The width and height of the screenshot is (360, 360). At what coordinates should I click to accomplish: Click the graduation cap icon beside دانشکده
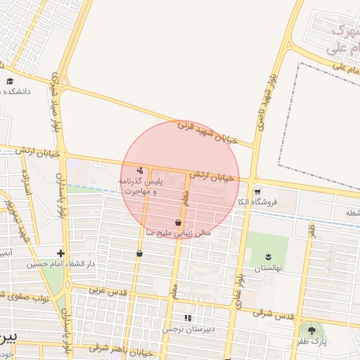click(10, 82)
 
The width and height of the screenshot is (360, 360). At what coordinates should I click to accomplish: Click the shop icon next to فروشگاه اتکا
click(257, 191)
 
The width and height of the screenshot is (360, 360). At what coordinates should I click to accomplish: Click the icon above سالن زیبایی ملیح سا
click(179, 222)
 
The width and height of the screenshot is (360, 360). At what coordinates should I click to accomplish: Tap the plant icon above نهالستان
click(268, 257)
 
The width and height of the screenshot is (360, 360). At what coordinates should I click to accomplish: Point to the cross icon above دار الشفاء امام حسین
click(61, 253)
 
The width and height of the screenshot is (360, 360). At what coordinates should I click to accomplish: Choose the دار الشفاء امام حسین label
click(60, 264)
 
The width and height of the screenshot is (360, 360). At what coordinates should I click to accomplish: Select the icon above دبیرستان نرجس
click(188, 318)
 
